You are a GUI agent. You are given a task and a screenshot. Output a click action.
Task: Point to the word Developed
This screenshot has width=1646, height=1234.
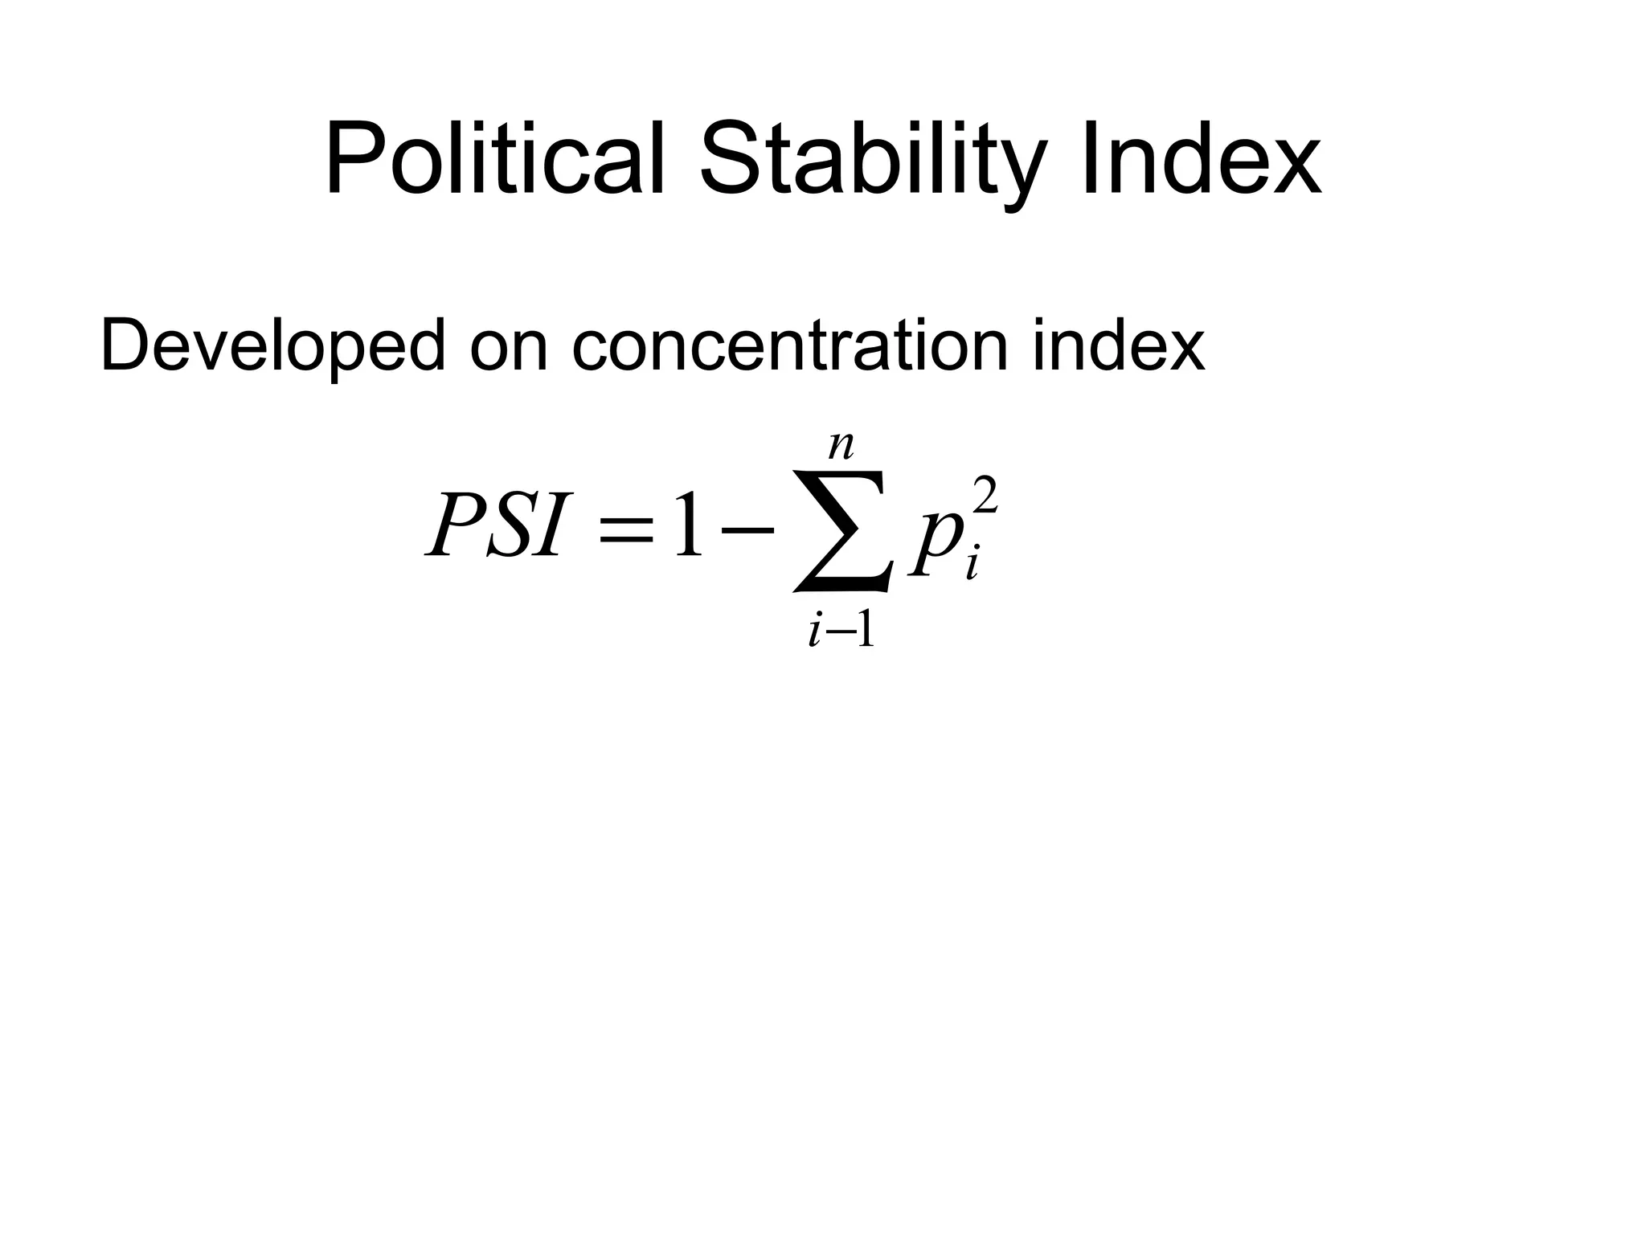point(272,346)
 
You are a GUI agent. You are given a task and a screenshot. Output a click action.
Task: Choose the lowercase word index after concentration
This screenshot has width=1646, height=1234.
point(1119,346)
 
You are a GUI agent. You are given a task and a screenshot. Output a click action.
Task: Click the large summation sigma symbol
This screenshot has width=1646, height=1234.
point(841,530)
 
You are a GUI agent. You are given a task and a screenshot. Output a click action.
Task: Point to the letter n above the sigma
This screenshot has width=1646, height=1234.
point(841,446)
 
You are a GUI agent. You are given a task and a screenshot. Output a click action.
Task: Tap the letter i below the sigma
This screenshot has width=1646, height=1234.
point(816,631)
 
